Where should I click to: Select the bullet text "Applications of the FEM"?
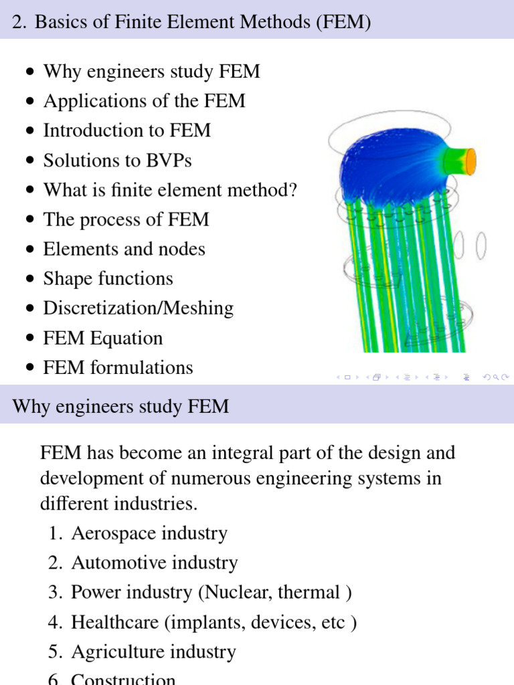[144, 101]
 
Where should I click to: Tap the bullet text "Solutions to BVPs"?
[117, 161]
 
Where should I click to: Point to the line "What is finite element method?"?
[170, 190]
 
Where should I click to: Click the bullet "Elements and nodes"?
[124, 250]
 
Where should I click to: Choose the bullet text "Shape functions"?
[108, 279]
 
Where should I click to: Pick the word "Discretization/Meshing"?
[139, 308]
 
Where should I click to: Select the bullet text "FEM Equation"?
[102, 338]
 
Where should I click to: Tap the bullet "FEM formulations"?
[118, 368]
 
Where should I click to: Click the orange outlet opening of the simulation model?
[470, 159]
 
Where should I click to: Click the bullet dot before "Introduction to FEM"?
[29, 131]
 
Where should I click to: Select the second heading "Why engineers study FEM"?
[120, 406]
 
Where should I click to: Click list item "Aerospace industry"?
[149, 534]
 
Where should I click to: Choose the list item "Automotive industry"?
[154, 563]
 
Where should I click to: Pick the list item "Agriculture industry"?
[153, 652]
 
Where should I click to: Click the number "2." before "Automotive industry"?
[55, 563]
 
